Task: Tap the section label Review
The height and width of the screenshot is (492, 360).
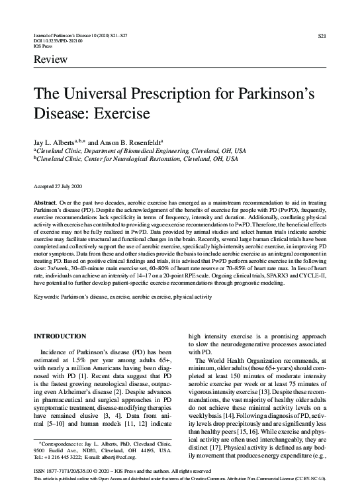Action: [x=50, y=60]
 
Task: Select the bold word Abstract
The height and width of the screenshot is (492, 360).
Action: [x=44, y=200]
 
